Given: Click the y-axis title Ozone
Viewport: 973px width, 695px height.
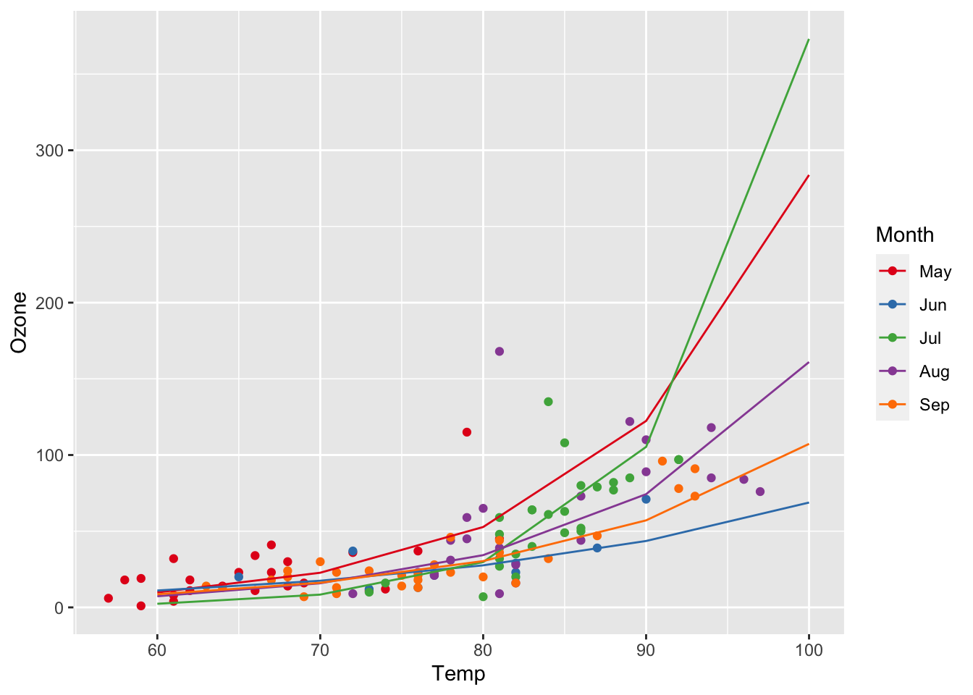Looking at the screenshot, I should pyautogui.click(x=20, y=322).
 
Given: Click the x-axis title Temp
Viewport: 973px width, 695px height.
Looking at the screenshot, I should pyautogui.click(x=458, y=674).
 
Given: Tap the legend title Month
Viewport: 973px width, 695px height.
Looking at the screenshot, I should pyautogui.click(x=904, y=235).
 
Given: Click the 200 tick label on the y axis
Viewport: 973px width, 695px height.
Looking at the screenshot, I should pyautogui.click(x=56, y=303).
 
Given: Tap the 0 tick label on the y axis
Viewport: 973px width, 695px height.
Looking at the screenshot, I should pyautogui.click(x=60, y=607).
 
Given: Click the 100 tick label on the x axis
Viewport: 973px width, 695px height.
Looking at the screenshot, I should pyautogui.click(x=809, y=650).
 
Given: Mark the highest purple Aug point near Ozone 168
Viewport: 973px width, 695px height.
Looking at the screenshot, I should pyautogui.click(x=499, y=351).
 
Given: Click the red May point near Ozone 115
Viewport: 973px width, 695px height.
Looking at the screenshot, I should pyautogui.click(x=467, y=432).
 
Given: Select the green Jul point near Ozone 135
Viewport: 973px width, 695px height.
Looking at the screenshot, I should pyautogui.click(x=548, y=402).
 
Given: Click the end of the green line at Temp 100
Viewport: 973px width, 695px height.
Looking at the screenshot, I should pyautogui.click(x=809, y=39).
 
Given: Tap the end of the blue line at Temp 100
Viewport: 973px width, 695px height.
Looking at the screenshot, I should pyautogui.click(x=809, y=502).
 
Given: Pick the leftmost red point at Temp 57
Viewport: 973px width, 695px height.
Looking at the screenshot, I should pyautogui.click(x=109, y=598).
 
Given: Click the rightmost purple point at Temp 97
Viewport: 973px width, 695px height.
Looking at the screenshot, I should pyautogui.click(x=760, y=492).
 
